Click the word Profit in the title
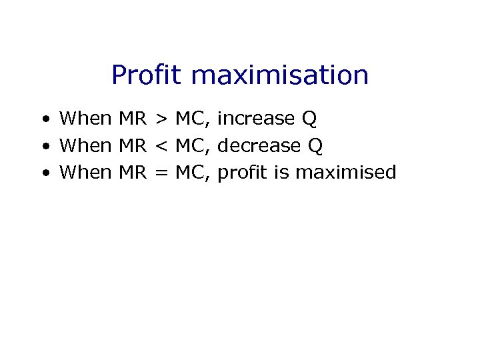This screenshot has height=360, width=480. [x=147, y=75]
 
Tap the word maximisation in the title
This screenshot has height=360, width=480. [x=280, y=75]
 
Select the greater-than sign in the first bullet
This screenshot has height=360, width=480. [x=161, y=119]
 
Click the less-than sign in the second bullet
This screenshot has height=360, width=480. [x=161, y=146]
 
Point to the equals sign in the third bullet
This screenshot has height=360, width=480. [x=161, y=173]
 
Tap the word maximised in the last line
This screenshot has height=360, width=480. [x=345, y=172]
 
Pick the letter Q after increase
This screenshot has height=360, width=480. [x=309, y=119]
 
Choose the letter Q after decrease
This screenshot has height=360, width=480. [x=315, y=146]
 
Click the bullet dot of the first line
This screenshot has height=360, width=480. [x=43, y=120]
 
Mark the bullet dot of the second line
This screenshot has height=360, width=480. [x=43, y=147]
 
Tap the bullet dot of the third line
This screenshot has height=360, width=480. [x=43, y=173]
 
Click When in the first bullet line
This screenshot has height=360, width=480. [x=86, y=119]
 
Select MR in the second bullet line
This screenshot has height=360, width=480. [x=132, y=145]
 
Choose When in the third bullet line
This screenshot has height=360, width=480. [x=86, y=172]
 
